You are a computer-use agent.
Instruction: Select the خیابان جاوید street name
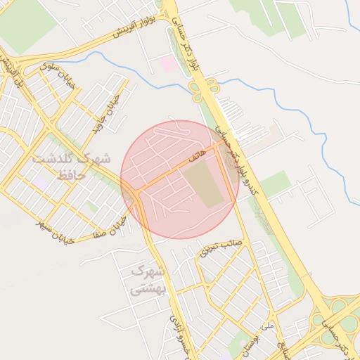pyautogui.click(x=103, y=117)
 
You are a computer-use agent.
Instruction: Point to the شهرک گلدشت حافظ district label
pyautogui.click(x=70, y=166)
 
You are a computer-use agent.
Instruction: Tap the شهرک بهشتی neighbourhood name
pyautogui.click(x=147, y=279)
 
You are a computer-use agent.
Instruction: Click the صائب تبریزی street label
pyautogui.click(x=220, y=247)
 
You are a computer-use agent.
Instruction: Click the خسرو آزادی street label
pyautogui.click(x=176, y=336)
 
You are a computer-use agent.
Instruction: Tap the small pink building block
pyautogui.click(x=169, y=63)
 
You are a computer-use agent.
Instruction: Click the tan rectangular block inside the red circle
pyautogui.click(x=207, y=184)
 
